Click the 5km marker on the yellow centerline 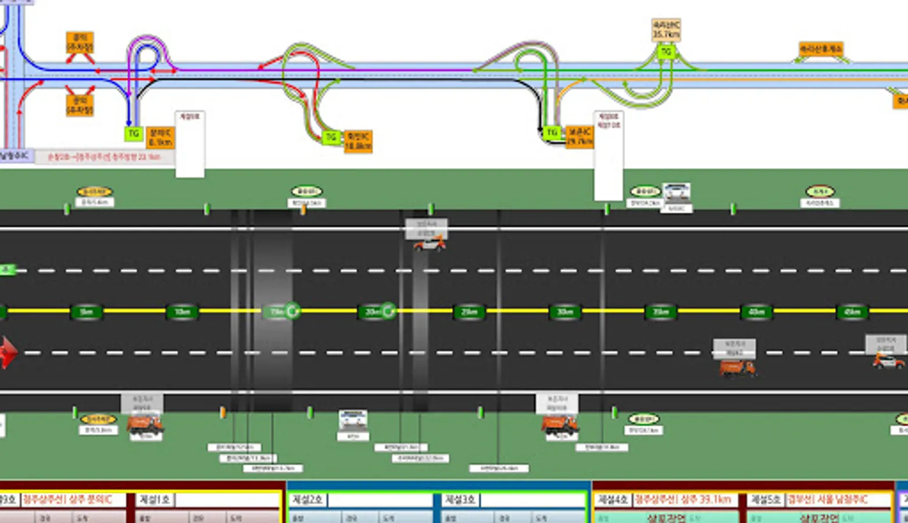point(86,312)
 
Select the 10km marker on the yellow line point(182,312)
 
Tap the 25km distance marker point(469,312)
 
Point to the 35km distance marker point(661,312)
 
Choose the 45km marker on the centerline point(852,312)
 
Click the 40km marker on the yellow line point(756,312)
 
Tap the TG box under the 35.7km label point(666,52)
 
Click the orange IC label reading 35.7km point(666,30)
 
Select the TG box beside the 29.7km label point(552,132)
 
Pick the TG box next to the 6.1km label point(134,134)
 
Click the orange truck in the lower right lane point(737,368)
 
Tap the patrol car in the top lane point(430,244)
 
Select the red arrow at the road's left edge point(7,352)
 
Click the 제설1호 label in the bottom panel point(154,500)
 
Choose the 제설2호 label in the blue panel point(308,500)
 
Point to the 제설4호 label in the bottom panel point(613,500)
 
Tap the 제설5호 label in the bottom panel point(766,500)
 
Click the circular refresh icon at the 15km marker point(292,311)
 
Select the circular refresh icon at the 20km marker point(388,311)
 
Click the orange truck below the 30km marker point(559,425)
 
